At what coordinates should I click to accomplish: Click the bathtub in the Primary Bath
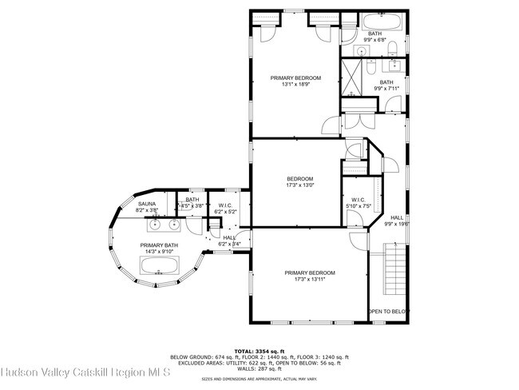point(159,265)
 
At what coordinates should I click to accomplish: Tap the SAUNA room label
point(146,204)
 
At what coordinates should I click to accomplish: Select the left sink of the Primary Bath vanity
point(132,225)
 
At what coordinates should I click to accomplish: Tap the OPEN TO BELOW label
point(388,311)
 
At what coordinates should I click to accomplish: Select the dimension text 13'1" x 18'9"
point(295,85)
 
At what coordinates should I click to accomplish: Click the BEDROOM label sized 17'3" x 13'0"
point(300,178)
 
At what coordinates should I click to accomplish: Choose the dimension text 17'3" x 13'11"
point(310,280)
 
